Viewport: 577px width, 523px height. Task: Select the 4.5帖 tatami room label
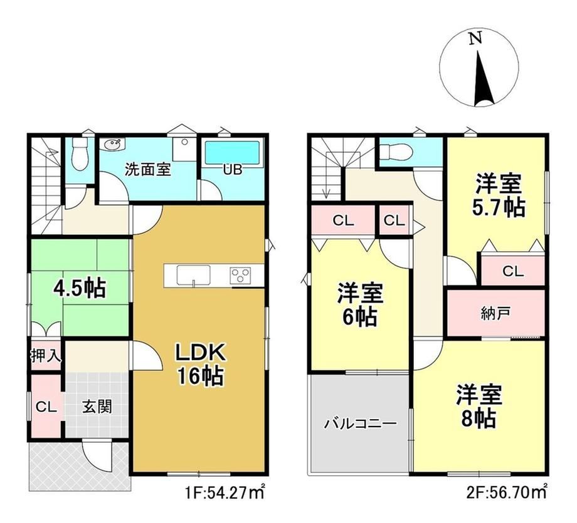click(79, 289)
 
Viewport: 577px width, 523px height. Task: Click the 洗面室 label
click(148, 170)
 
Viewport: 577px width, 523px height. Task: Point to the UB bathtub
click(232, 153)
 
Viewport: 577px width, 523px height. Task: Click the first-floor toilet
click(78, 154)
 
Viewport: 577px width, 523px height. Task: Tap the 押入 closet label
click(46, 356)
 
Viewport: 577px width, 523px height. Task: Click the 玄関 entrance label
click(97, 406)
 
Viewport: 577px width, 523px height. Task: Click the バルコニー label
click(360, 424)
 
